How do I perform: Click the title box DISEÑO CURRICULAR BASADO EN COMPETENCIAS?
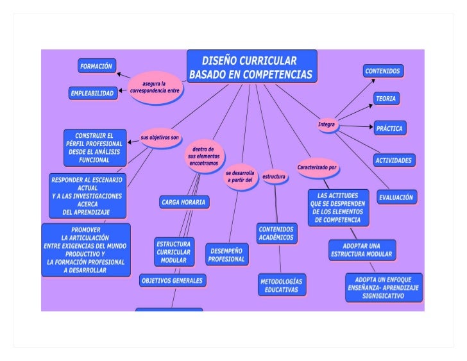click(x=251, y=67)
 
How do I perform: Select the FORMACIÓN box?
click(x=96, y=66)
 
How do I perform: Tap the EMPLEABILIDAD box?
click(x=92, y=94)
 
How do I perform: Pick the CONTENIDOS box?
click(x=383, y=71)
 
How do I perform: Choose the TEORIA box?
click(x=386, y=99)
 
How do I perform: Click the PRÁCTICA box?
click(x=389, y=128)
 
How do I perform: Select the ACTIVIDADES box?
click(x=393, y=160)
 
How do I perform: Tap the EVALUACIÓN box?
click(x=396, y=197)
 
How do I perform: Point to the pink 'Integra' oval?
click(x=327, y=124)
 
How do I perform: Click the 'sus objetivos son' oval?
click(x=160, y=138)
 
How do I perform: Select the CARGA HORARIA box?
click(x=185, y=202)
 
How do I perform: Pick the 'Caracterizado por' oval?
click(x=317, y=168)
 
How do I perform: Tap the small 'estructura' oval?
click(x=274, y=176)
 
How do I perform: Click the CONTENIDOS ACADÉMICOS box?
click(x=276, y=233)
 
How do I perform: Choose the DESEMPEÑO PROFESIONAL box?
click(x=226, y=255)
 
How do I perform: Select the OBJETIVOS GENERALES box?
click(x=172, y=280)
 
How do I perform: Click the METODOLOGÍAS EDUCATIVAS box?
click(x=282, y=285)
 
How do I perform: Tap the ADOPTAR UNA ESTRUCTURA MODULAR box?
click(x=362, y=250)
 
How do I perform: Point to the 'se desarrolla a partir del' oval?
click(x=239, y=178)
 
